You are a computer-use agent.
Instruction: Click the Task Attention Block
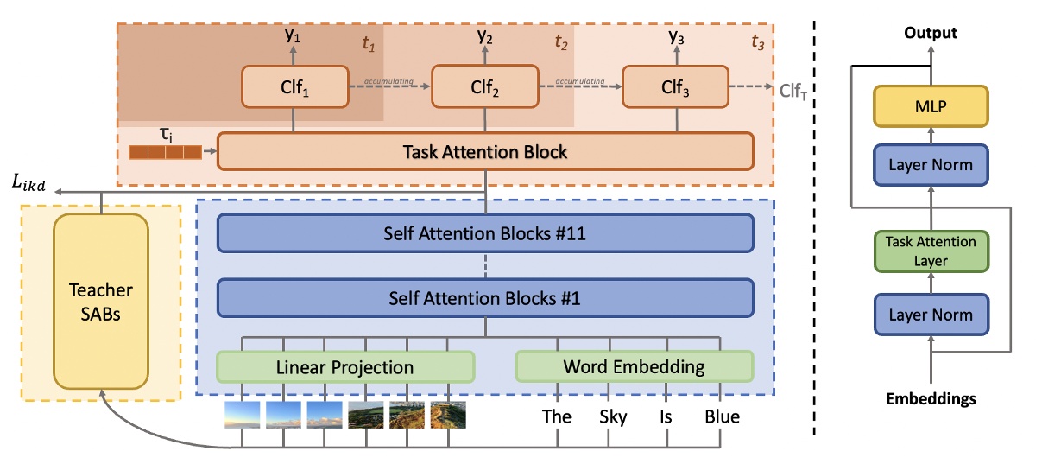[x=485, y=152]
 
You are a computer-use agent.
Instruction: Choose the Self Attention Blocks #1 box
[x=485, y=297]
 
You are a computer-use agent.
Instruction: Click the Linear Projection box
[x=345, y=366]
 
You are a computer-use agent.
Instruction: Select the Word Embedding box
[x=635, y=366]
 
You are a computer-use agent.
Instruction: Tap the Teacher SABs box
[x=101, y=302]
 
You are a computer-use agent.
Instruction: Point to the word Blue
[x=722, y=416]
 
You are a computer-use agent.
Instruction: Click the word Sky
[x=612, y=416]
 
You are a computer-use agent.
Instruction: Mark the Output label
[x=930, y=33]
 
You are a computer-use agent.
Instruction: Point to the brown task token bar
[x=165, y=153]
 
